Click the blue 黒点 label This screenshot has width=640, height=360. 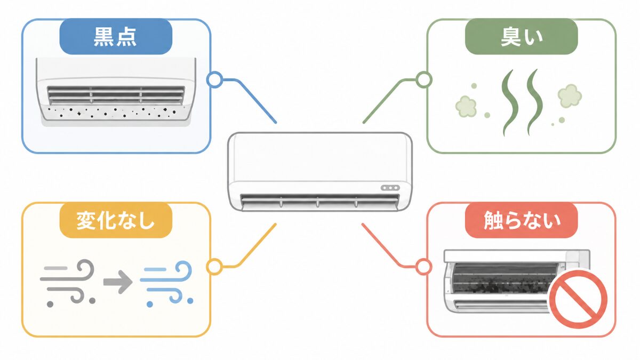coord(116,37)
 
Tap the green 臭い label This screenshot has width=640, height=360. coord(522,37)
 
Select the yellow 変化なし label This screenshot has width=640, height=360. coord(116,220)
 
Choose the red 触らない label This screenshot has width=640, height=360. coord(522,220)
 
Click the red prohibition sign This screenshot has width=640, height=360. coord(578,299)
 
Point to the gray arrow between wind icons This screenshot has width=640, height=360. coord(118,282)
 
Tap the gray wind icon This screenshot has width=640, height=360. coord(68,283)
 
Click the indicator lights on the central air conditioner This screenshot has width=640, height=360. coord(390,188)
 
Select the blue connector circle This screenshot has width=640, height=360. coord(214,79)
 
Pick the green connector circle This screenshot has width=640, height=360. coord(423,79)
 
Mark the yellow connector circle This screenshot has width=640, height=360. coord(214,267)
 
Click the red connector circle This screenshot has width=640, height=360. coord(423,267)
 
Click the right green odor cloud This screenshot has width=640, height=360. coord(570,95)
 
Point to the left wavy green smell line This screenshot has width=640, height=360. coord(510,102)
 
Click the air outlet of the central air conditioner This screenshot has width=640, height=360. coord(319,201)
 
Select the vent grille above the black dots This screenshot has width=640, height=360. coord(116,95)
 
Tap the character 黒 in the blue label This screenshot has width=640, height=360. coord(103,37)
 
